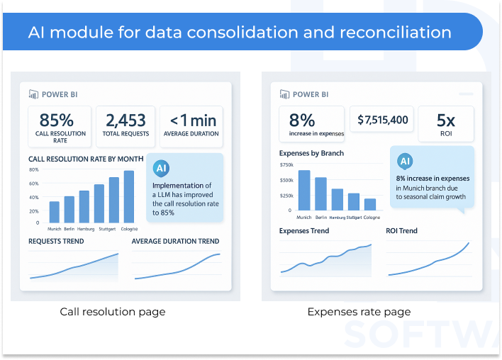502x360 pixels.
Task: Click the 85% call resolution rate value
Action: point(57,119)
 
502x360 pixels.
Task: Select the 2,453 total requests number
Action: point(125,120)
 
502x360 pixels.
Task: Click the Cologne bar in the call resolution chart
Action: point(128,196)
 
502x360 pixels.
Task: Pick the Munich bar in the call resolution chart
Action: point(54,212)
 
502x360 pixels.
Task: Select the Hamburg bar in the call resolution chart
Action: point(84,206)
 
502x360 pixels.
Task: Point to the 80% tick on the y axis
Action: point(33,170)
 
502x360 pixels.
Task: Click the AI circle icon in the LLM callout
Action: point(162,168)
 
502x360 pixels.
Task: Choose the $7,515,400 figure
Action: point(383,120)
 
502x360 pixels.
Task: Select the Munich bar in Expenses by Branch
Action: point(304,190)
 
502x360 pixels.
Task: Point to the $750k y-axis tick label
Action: point(286,164)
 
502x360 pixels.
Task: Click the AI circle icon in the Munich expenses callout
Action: point(406,160)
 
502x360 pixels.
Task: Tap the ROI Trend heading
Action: point(401,231)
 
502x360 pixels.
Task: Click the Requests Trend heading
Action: point(56,242)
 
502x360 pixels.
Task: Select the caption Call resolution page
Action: point(113,312)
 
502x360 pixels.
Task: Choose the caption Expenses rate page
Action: point(358,312)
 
